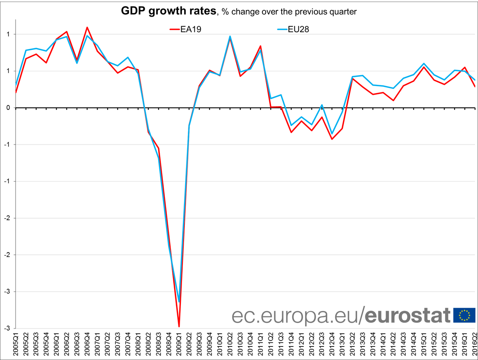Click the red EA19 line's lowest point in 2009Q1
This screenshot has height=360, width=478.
coord(179,327)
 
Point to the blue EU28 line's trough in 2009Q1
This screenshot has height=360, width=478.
coord(179,302)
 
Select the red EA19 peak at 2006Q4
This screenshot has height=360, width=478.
coord(87,27)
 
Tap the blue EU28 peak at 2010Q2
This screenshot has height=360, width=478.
coord(230,36)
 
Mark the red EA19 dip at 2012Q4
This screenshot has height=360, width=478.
coord(331,139)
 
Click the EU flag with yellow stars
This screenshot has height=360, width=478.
coord(464,315)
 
